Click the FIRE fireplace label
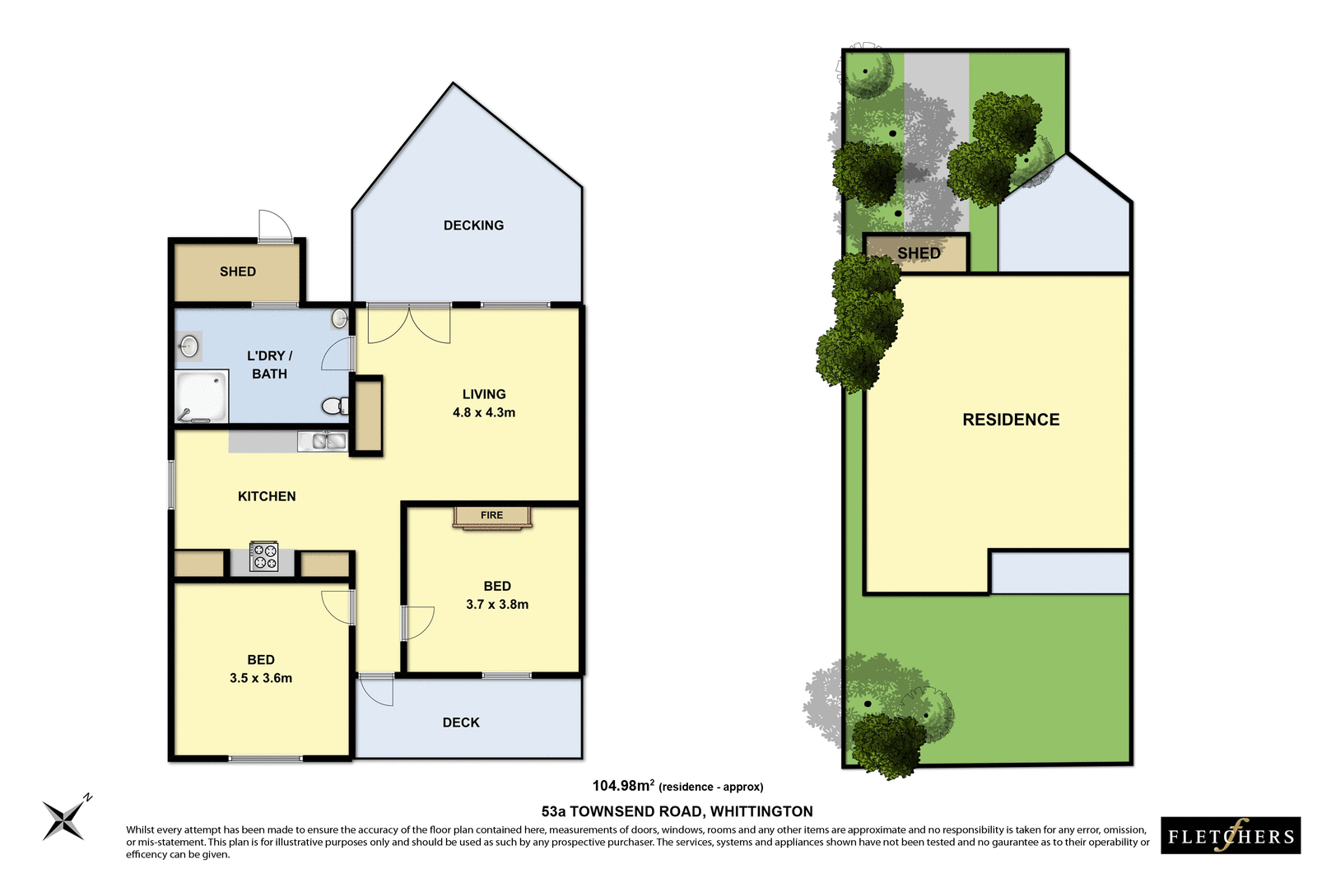[x=491, y=515]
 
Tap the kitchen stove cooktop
[x=263, y=557]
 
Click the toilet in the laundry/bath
[x=334, y=406]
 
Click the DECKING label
[x=473, y=225]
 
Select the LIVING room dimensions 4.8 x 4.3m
[x=484, y=412]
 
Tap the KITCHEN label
[x=267, y=496]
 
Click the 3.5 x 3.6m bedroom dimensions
[x=261, y=678]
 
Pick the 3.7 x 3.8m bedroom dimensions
[x=497, y=604]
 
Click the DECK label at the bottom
[x=461, y=722]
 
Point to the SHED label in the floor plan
[x=238, y=272]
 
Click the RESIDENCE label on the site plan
[x=1011, y=420]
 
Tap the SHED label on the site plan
[x=919, y=253]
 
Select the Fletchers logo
[x=1231, y=836]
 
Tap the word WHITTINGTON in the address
[x=761, y=811]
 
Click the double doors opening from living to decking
[x=409, y=323]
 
